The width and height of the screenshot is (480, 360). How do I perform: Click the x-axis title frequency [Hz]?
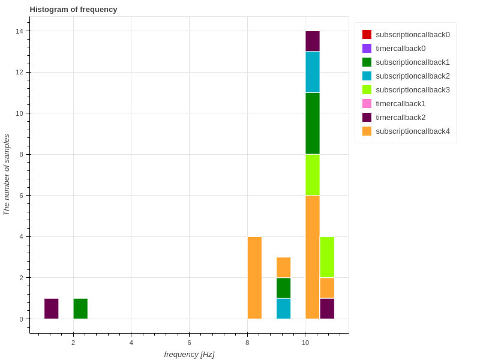(189, 354)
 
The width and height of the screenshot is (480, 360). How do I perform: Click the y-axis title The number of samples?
(7, 175)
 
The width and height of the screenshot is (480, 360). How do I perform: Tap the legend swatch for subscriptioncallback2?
(367, 76)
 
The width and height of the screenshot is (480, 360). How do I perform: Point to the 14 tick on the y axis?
(20, 31)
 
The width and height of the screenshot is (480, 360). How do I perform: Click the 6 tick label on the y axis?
(22, 196)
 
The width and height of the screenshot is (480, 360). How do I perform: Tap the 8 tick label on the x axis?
(247, 343)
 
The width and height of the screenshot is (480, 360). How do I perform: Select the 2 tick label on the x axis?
(73, 343)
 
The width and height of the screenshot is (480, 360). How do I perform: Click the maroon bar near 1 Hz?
(52, 308)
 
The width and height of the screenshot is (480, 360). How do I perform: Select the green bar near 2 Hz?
(80, 308)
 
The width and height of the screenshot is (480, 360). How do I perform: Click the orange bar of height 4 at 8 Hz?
(254, 278)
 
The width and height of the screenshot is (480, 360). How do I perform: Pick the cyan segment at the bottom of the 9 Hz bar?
(284, 308)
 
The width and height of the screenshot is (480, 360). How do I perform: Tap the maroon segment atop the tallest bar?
(312, 41)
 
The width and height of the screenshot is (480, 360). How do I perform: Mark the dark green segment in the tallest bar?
(312, 123)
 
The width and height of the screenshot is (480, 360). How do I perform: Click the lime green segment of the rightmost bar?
(327, 257)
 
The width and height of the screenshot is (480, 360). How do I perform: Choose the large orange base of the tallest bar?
(312, 257)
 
